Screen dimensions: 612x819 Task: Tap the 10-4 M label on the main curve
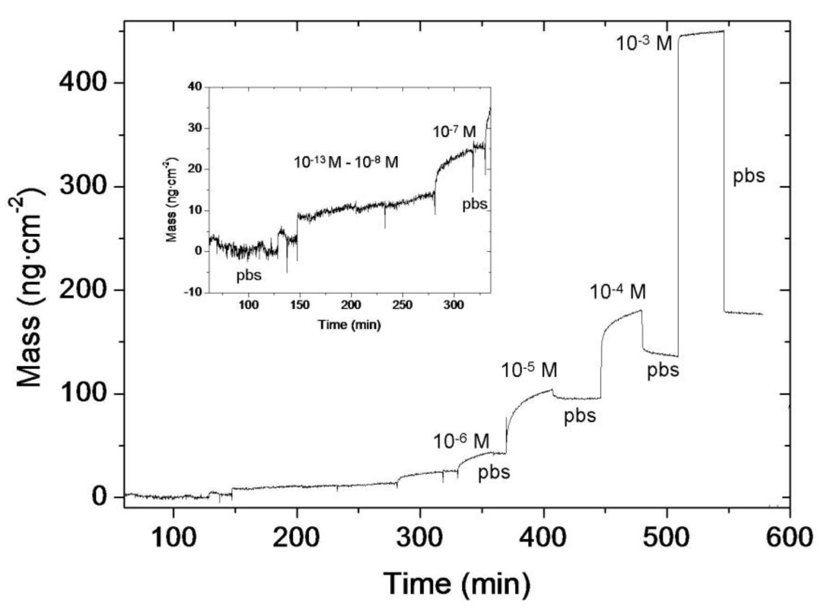click(618, 292)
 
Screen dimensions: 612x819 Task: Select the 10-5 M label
click(529, 370)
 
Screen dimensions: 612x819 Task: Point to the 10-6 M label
click(461, 441)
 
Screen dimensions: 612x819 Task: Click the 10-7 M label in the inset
click(454, 131)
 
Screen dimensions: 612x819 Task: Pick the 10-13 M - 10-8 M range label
click(346, 162)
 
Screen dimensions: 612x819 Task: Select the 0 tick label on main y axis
click(99, 497)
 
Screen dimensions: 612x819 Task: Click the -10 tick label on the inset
click(193, 292)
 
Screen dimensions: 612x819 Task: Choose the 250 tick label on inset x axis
click(402, 305)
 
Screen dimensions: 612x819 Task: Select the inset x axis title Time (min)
click(349, 325)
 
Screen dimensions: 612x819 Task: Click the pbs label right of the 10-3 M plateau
click(749, 176)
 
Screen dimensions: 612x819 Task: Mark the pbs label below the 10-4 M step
click(663, 370)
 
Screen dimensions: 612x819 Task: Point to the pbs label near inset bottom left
click(249, 275)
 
